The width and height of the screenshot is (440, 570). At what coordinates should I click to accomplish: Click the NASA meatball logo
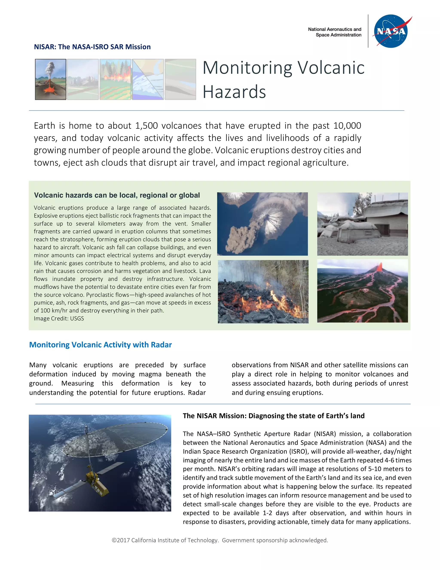pyautogui.click(x=391, y=31)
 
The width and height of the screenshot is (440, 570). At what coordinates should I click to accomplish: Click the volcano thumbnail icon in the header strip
pyautogui.click(x=50, y=79)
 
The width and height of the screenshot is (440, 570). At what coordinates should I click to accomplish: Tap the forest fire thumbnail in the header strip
pyautogui.click(x=115, y=79)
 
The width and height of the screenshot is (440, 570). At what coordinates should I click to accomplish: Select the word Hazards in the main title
pyautogui.click(x=234, y=92)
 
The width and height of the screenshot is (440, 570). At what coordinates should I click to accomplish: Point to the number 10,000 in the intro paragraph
pyautogui.click(x=347, y=126)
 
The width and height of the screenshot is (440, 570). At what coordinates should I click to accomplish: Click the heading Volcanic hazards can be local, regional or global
pyautogui.click(x=117, y=195)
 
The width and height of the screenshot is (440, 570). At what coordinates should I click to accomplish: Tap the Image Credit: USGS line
pyautogui.click(x=59, y=318)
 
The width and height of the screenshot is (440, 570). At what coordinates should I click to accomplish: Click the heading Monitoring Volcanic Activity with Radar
pyautogui.click(x=100, y=345)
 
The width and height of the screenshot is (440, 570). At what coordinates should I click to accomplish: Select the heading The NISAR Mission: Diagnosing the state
pyautogui.click(x=273, y=416)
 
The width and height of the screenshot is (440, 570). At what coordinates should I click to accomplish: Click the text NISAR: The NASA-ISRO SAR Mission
pyautogui.click(x=92, y=47)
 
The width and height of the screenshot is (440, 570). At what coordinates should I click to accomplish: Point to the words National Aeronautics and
pyautogui.click(x=335, y=29)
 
